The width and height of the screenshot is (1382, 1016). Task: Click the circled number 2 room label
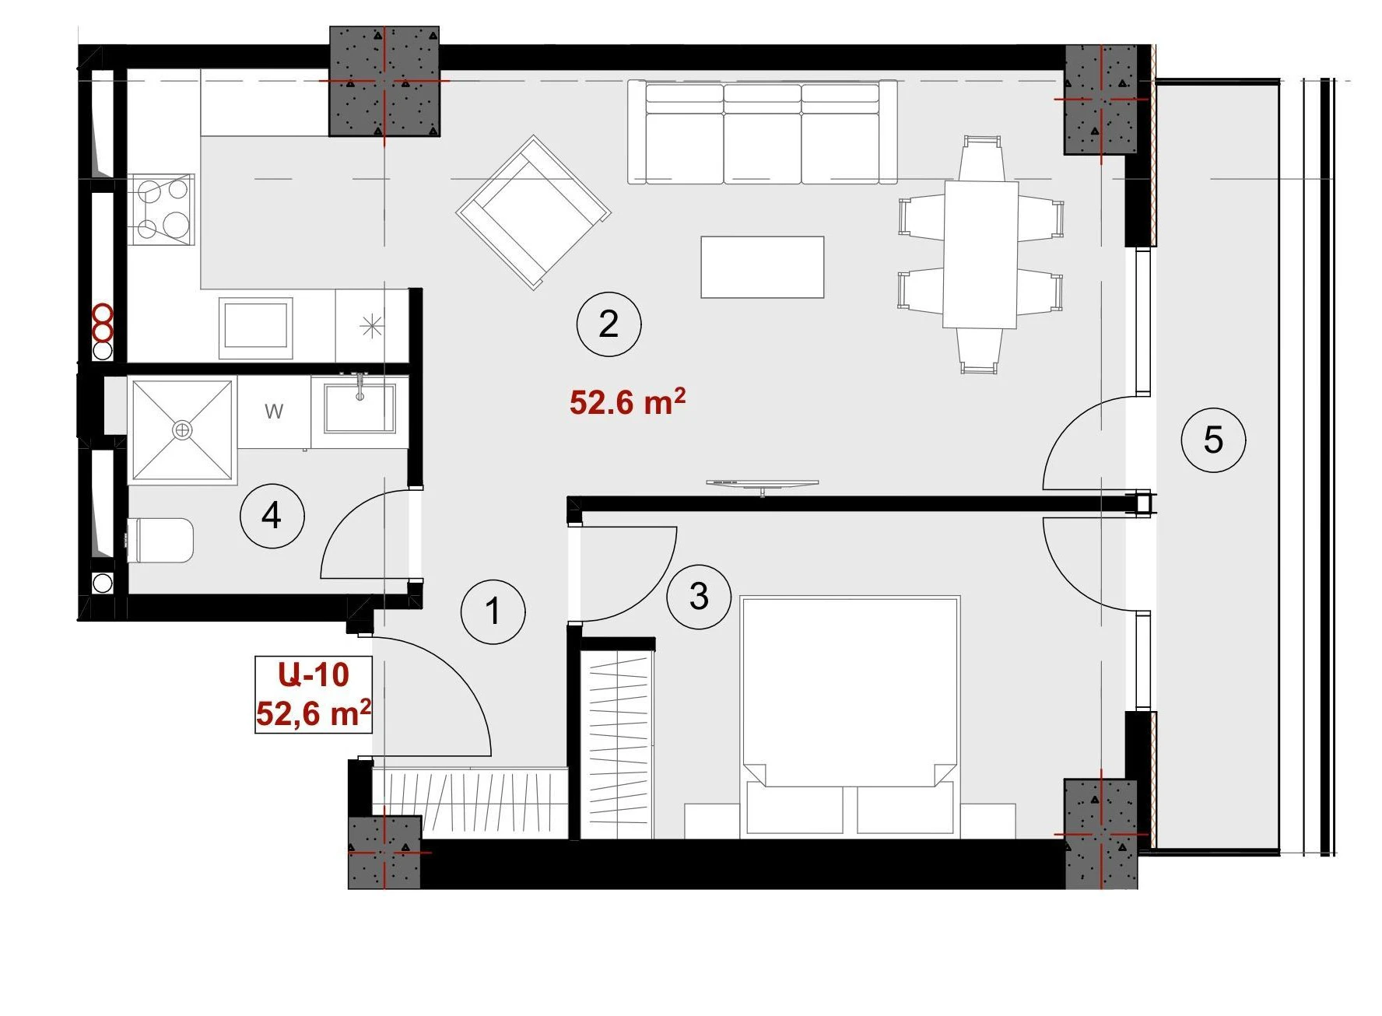pyautogui.click(x=609, y=324)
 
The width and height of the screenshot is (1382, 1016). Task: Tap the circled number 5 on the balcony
pyautogui.click(x=1213, y=440)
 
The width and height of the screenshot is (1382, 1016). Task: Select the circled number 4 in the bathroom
pyautogui.click(x=272, y=515)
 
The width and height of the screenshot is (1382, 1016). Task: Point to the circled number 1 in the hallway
pyautogui.click(x=493, y=611)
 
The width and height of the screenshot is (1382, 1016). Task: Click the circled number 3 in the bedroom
pyautogui.click(x=699, y=597)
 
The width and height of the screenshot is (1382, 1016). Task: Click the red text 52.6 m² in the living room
pyautogui.click(x=627, y=401)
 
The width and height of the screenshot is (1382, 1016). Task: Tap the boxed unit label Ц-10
pyautogui.click(x=314, y=674)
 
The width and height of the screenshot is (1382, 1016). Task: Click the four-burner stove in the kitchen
pyautogui.click(x=164, y=210)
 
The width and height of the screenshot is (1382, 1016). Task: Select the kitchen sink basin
pyautogui.click(x=256, y=327)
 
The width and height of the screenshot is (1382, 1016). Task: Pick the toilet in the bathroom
pyautogui.click(x=160, y=540)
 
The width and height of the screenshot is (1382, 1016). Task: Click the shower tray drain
pyautogui.click(x=182, y=429)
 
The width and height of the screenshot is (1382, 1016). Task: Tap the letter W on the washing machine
pyautogui.click(x=274, y=411)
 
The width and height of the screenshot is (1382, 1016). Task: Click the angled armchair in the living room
pyautogui.click(x=534, y=212)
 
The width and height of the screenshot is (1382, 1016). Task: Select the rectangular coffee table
pyautogui.click(x=763, y=267)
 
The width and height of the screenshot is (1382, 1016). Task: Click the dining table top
pyautogui.click(x=981, y=255)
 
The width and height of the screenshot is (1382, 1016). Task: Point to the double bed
pyautogui.click(x=850, y=716)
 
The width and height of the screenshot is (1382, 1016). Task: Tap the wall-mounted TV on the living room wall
pyautogui.click(x=763, y=485)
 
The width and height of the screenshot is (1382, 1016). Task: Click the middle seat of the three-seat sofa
pyautogui.click(x=763, y=133)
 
